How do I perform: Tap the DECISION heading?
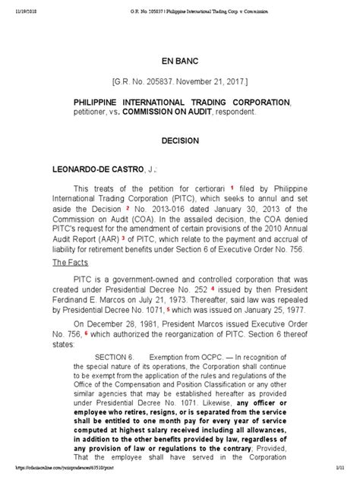(x=179, y=141)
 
